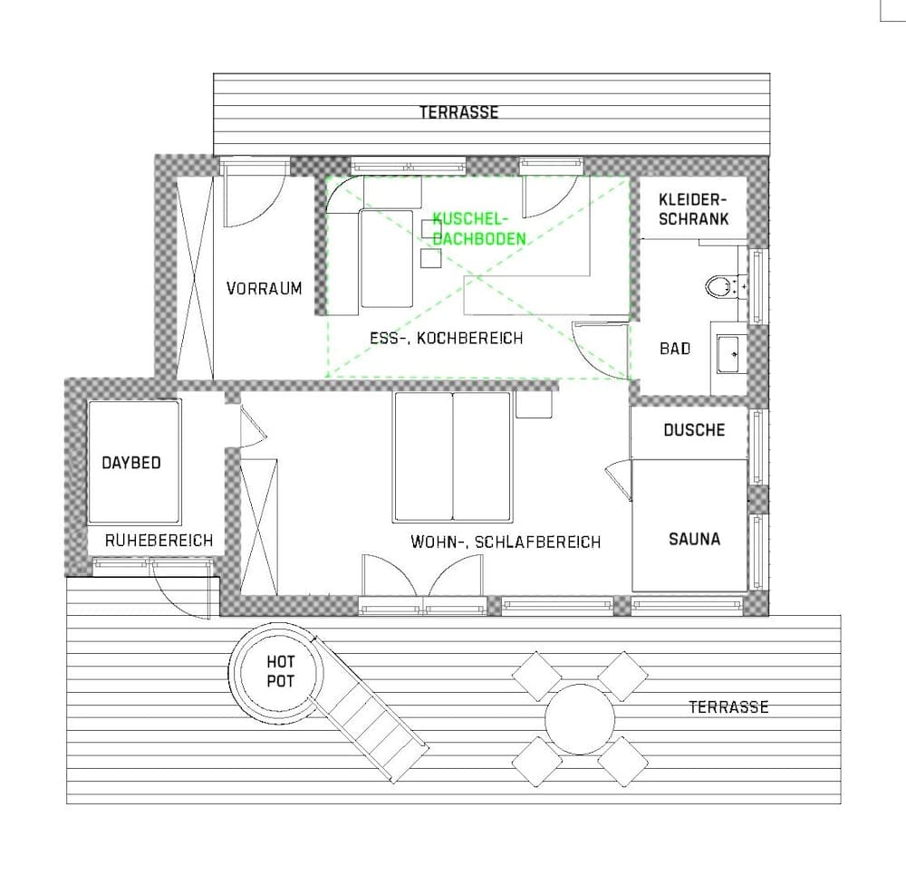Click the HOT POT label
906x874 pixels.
pyautogui.click(x=280, y=672)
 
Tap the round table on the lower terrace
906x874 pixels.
pyautogui.click(x=580, y=719)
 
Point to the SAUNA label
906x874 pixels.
pyautogui.click(x=694, y=539)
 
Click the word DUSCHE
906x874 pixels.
pyautogui.click(x=694, y=429)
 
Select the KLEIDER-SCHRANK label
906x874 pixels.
pyautogui.click(x=693, y=209)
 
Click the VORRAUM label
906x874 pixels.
pyautogui.click(x=264, y=289)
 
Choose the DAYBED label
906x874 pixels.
pyautogui.click(x=131, y=463)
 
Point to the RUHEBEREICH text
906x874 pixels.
pyautogui.click(x=159, y=541)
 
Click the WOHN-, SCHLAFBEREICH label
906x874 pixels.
pyautogui.click(x=506, y=543)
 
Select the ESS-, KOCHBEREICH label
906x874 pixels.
pyautogui.click(x=447, y=338)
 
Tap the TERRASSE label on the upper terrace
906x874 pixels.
pyautogui.click(x=458, y=112)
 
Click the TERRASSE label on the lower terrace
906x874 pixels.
pyautogui.click(x=728, y=706)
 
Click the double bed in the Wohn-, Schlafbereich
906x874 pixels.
pyautogui.click(x=452, y=456)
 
